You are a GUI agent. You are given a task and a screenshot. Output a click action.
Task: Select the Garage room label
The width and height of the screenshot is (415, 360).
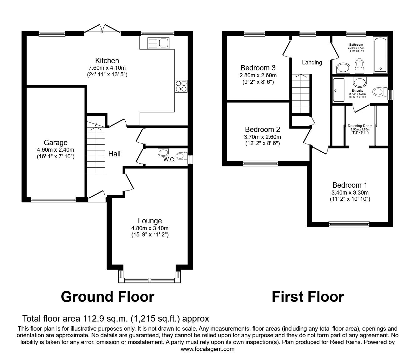56,143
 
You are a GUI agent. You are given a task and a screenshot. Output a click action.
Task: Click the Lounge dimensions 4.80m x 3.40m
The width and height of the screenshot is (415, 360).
150,228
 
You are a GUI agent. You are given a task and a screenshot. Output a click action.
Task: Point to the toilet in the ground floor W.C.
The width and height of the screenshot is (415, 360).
181,156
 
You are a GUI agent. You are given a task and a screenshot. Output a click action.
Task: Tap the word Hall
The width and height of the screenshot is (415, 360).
114,154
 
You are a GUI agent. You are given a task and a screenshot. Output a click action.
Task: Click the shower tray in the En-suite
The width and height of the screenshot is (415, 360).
339,90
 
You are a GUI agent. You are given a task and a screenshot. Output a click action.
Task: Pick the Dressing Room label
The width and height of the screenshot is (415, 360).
360,126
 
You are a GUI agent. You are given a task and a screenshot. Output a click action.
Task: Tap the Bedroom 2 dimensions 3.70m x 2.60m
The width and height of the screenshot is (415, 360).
262,137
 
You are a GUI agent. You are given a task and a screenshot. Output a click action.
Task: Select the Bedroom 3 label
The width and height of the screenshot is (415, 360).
258,68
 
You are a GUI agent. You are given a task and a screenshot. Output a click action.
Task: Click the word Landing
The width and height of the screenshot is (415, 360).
312,63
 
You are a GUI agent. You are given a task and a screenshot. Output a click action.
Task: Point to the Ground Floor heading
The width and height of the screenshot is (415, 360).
107,297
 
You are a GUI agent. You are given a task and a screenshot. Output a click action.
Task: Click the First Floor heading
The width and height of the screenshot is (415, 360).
308,297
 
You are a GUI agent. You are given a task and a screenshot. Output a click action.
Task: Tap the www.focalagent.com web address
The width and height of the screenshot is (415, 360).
207,349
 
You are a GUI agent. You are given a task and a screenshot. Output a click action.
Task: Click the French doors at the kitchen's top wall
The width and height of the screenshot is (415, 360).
102,29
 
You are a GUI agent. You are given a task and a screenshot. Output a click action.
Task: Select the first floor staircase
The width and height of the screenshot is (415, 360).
301,94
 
